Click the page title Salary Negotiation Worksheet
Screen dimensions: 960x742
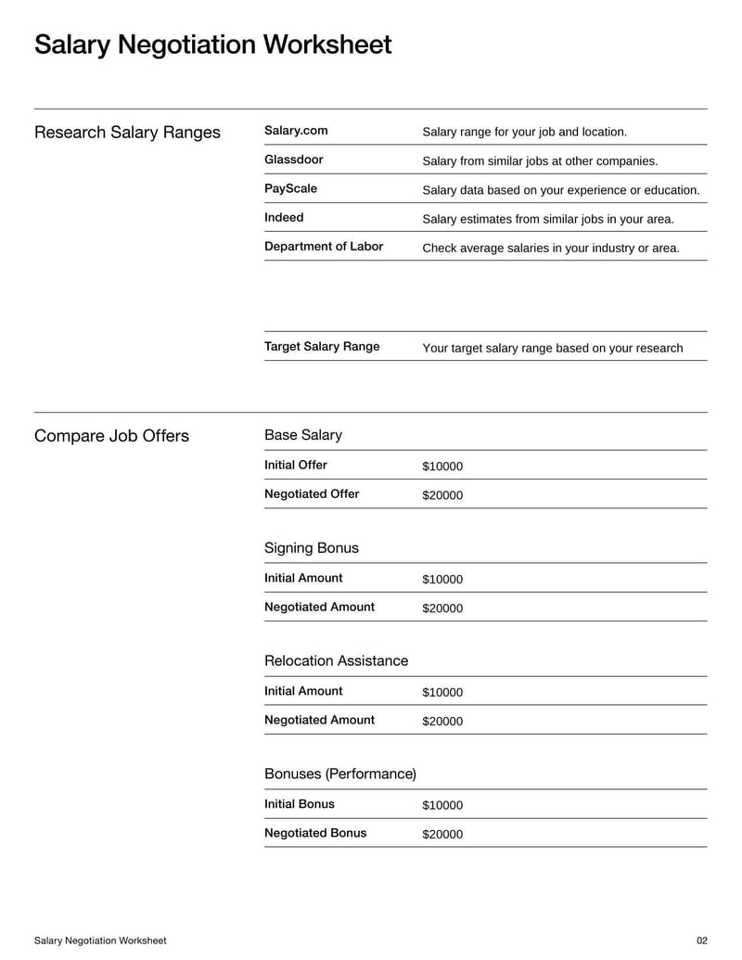point(212,45)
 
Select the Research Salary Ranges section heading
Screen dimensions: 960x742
point(127,133)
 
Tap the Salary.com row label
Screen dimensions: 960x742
point(296,131)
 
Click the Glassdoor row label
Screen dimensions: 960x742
point(294,160)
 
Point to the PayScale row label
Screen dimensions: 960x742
point(290,188)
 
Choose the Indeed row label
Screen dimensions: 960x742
point(284,217)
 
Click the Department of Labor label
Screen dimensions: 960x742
point(324,247)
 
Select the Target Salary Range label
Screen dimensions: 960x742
point(322,347)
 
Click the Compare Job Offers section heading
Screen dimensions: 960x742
point(111,436)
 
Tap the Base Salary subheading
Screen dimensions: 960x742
point(303,435)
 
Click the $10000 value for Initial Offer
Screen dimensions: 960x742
point(442,467)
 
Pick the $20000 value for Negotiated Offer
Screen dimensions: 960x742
point(442,495)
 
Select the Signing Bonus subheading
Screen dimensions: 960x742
point(312,548)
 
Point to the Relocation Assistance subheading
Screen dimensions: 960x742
point(336,661)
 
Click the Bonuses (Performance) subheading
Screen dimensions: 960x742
point(340,774)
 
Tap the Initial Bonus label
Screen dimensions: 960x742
point(300,804)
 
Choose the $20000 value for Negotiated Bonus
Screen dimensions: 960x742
point(442,835)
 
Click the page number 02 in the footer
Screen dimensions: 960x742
point(701,941)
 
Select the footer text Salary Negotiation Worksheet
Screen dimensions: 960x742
point(100,941)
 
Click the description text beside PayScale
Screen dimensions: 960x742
point(560,190)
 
